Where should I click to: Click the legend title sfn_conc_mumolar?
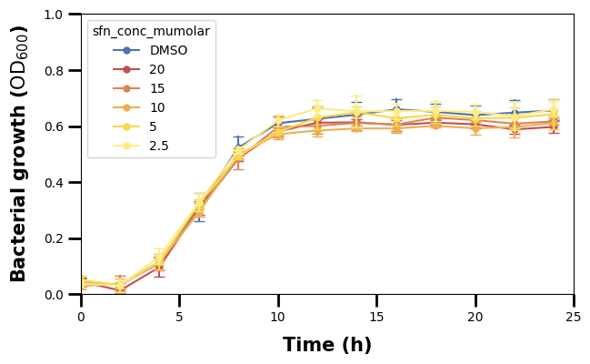coord(151,32)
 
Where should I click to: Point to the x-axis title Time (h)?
coord(327,346)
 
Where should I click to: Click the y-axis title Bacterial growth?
coord(20,154)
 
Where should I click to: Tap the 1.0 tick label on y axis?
coord(54,15)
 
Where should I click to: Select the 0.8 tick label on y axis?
coord(54,71)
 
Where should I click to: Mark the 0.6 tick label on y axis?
coord(54,127)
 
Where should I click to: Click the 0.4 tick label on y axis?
coord(54,183)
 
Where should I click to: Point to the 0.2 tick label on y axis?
coord(54,239)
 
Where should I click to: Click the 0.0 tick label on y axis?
coord(54,295)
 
